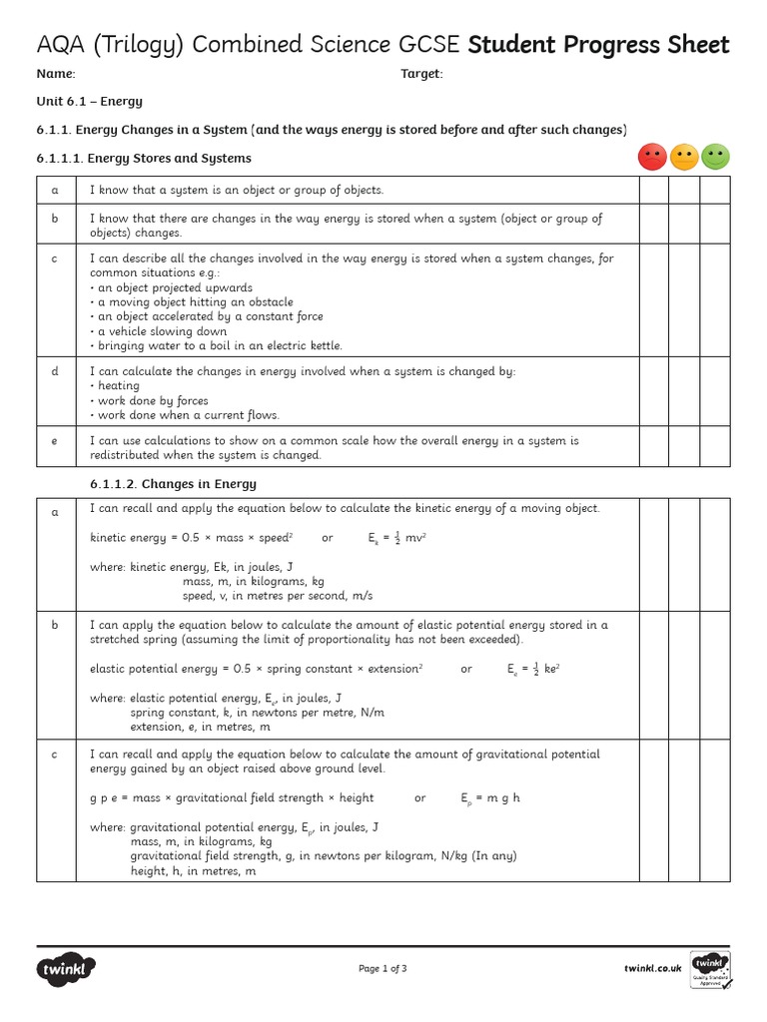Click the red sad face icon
652,157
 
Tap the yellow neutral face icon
684,157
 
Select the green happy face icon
715,157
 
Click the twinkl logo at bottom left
67,968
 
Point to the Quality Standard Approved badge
710,969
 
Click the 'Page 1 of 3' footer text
383,968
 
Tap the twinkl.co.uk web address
652,968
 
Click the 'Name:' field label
56,74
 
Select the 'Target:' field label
421,74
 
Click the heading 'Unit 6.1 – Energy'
90,102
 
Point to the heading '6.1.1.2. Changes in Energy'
173,484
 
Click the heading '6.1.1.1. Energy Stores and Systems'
144,158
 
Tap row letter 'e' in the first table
56,440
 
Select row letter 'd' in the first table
56,371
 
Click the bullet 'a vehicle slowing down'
160,331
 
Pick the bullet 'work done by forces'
151,400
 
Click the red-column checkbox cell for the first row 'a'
653,190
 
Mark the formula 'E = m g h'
490,798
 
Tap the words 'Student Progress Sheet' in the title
598,45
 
